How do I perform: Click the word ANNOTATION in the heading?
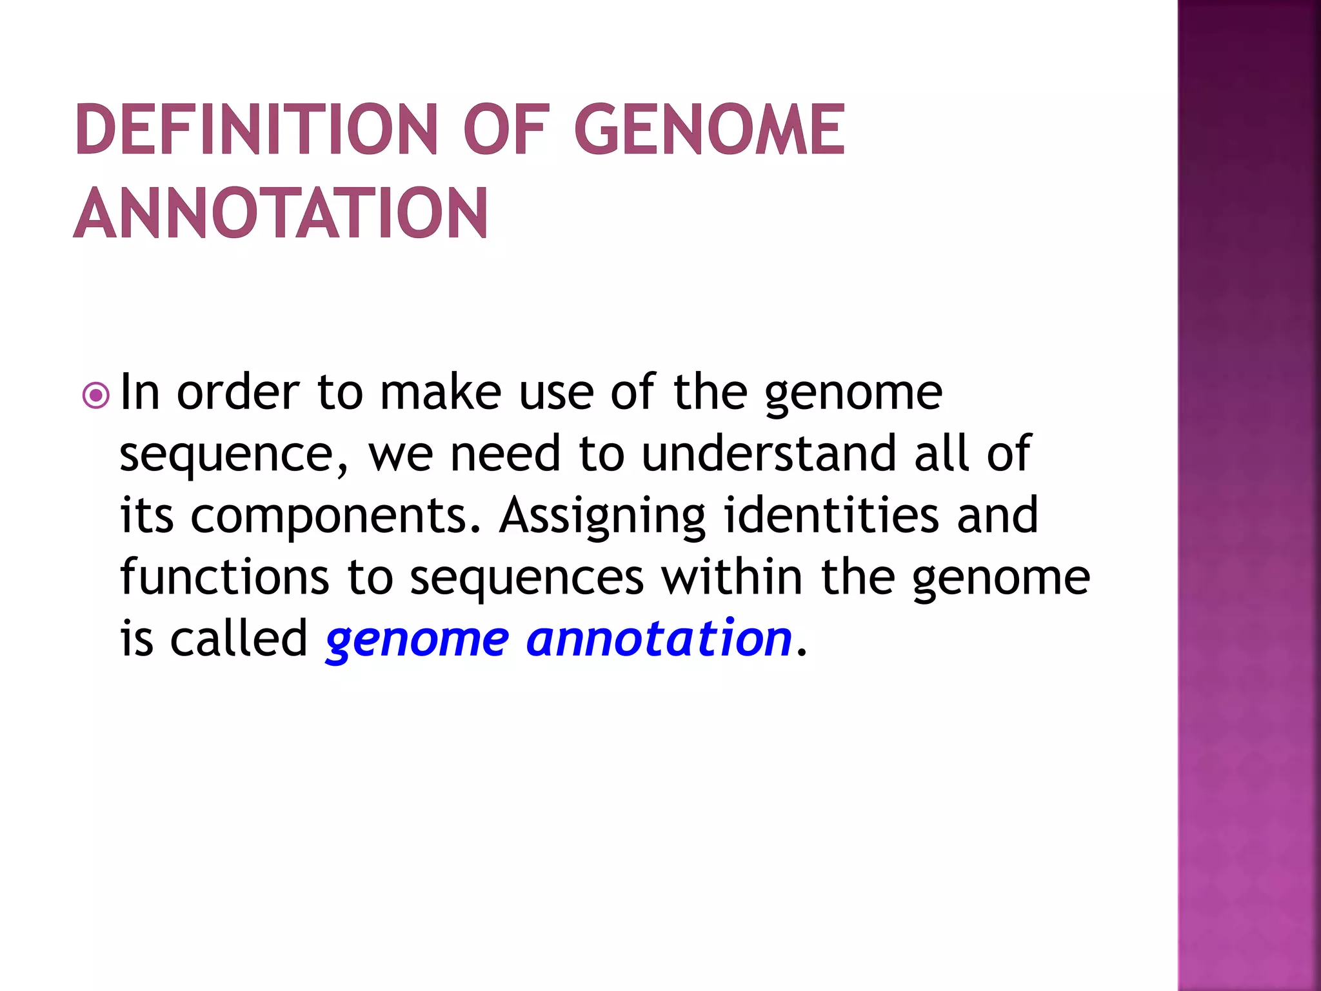281,214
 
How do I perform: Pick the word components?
335,517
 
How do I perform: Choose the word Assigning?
602,517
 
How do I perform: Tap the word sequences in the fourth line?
526,577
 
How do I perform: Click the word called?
239,638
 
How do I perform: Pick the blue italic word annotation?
659,638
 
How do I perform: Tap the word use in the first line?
555,393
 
